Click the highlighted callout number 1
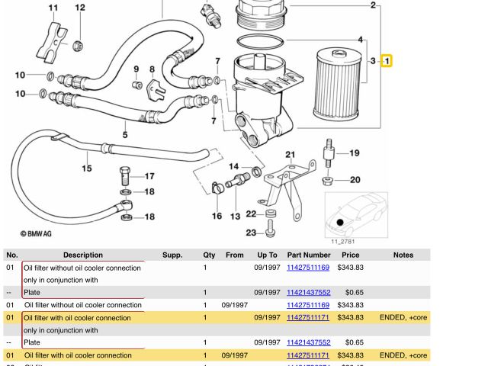(x=387, y=60)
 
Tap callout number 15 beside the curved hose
(x=86, y=169)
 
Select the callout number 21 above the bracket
(x=291, y=155)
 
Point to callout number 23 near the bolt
(x=251, y=233)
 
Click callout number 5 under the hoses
(x=125, y=135)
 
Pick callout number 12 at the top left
(x=80, y=8)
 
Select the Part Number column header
(x=308, y=255)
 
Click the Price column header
(x=350, y=255)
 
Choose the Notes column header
(x=403, y=255)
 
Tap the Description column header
(x=83, y=255)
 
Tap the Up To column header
(x=267, y=255)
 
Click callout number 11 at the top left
(x=53, y=8)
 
